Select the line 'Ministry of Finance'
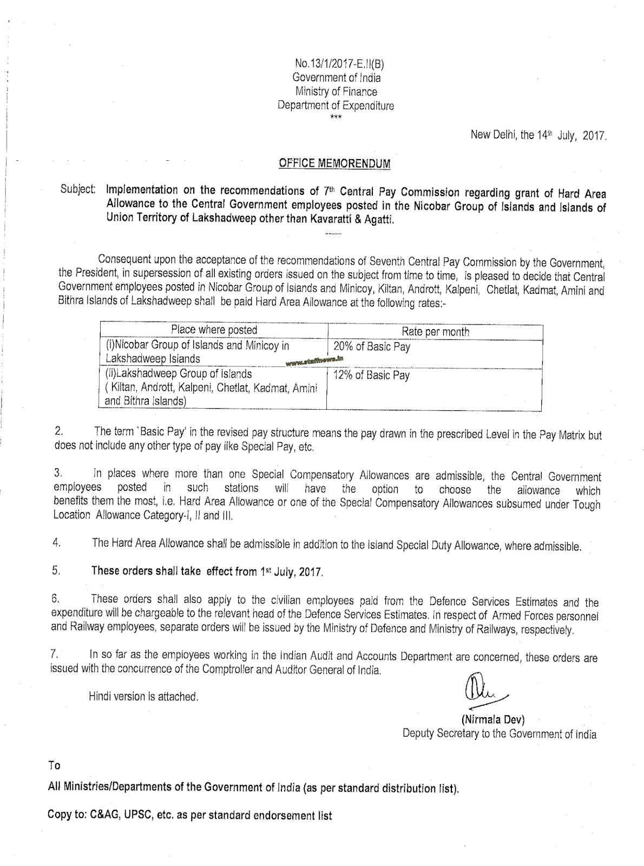point(336,92)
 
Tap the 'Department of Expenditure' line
point(336,106)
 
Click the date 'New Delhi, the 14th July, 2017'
point(539,135)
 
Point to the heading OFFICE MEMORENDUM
point(334,163)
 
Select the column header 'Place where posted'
point(214,330)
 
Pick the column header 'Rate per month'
point(435,332)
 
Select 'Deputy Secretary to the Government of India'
point(499,734)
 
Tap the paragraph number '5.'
point(56,570)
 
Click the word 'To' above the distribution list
point(54,765)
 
